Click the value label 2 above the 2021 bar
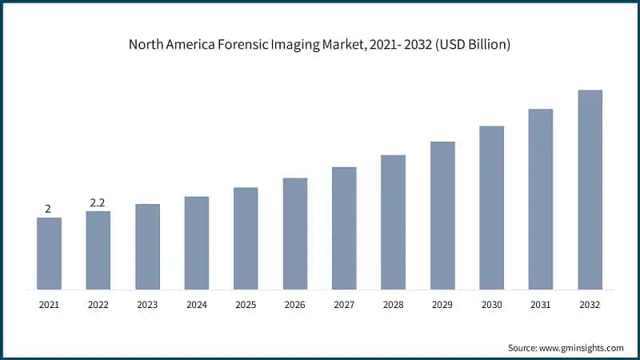48,210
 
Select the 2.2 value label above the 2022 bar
98,203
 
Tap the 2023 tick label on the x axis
147,304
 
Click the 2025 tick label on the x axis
246,304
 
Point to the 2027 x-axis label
344,304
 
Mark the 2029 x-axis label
442,304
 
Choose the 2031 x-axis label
541,304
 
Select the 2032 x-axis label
590,304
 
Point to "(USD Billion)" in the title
472,45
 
